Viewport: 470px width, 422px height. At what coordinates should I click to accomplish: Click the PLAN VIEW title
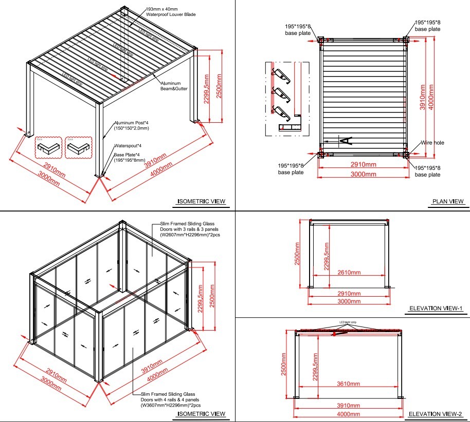tap(447, 201)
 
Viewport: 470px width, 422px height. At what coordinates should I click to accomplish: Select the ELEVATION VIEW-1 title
tap(437, 309)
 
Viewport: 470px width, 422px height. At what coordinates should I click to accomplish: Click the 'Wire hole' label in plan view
tap(432, 143)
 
